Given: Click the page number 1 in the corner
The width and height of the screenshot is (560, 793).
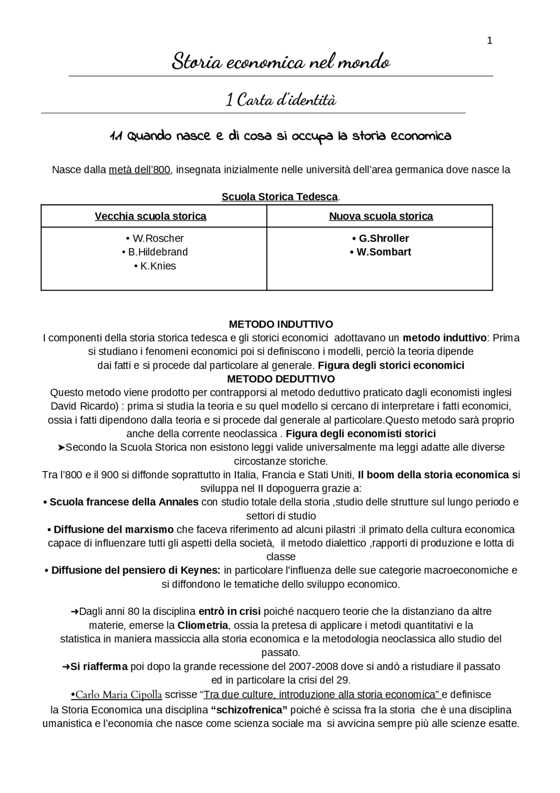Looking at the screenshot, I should (490, 41).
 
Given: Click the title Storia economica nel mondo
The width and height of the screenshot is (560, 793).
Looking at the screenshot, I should (280, 62).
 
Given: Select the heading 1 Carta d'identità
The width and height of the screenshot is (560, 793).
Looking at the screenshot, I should (280, 100).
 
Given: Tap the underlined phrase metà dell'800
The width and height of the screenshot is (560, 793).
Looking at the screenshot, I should (139, 169).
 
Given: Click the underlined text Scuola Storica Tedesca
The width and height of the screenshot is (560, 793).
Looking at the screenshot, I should (280, 197).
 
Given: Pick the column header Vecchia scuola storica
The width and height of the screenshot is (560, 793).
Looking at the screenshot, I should (150, 216).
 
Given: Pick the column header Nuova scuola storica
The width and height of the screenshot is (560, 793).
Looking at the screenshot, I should (381, 216).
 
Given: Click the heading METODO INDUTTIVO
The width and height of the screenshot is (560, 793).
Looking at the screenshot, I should (280, 324).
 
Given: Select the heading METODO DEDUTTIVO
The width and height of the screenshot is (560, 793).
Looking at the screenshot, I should (280, 379).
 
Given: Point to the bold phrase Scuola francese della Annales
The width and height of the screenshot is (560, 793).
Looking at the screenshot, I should (123, 502).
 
